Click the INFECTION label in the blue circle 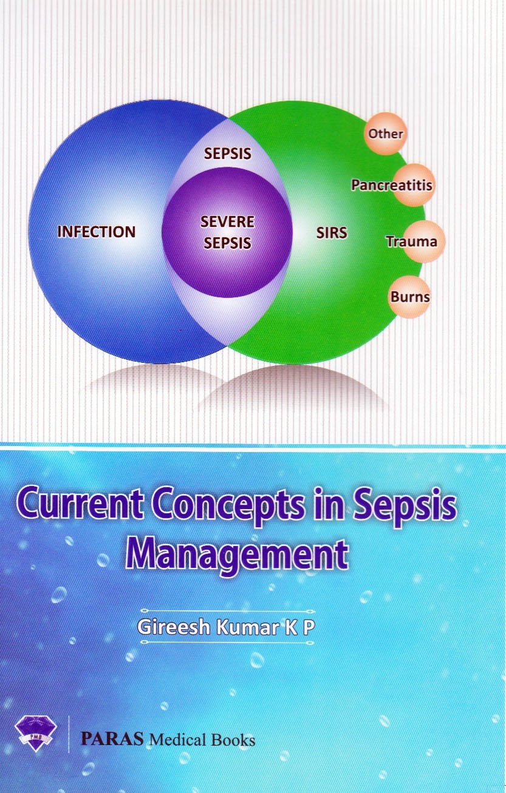pyautogui.click(x=96, y=232)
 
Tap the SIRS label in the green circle pyautogui.click(x=332, y=232)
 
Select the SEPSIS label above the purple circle pyautogui.click(x=227, y=153)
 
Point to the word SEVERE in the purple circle pyautogui.click(x=227, y=222)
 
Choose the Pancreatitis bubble pyautogui.click(x=392, y=184)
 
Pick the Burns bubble pyautogui.click(x=410, y=297)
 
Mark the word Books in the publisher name pyautogui.click(x=233, y=740)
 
